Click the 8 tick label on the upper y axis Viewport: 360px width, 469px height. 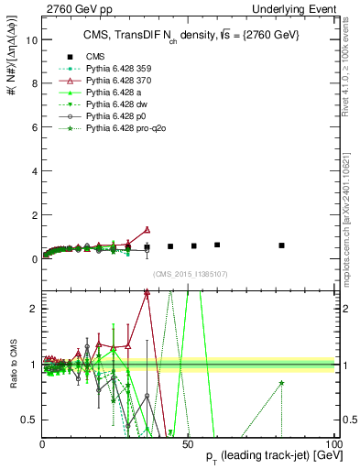click(x=34, y=84)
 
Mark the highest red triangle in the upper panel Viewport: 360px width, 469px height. click(x=147, y=229)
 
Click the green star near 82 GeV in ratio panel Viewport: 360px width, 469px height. click(x=281, y=383)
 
